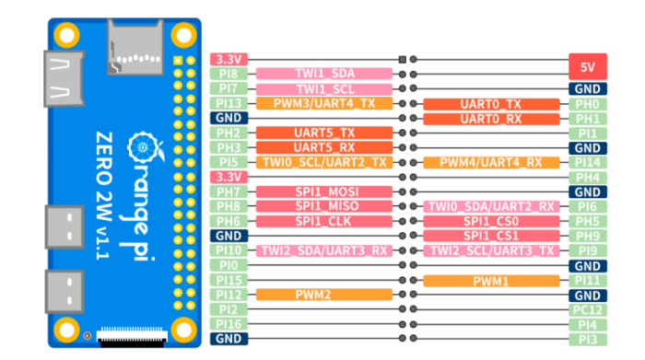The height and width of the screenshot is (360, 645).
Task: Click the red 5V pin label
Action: pyautogui.click(x=587, y=67)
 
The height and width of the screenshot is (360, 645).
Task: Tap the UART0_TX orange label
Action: pyautogui.click(x=490, y=104)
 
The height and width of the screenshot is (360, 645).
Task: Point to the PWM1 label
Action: pyautogui.click(x=490, y=280)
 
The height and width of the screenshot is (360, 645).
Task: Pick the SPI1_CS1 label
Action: pyautogui.click(x=490, y=236)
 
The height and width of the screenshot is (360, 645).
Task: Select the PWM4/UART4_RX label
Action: pyautogui.click(x=490, y=162)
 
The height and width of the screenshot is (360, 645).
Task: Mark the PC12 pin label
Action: pyautogui.click(x=587, y=309)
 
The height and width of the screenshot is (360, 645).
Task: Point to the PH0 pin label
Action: pyautogui.click(x=587, y=104)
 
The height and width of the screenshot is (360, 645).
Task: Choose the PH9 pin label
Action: pyautogui.click(x=587, y=236)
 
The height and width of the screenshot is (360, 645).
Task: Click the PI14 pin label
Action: pyautogui.click(x=587, y=162)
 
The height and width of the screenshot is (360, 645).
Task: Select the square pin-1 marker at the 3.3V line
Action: pyautogui.click(x=402, y=60)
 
